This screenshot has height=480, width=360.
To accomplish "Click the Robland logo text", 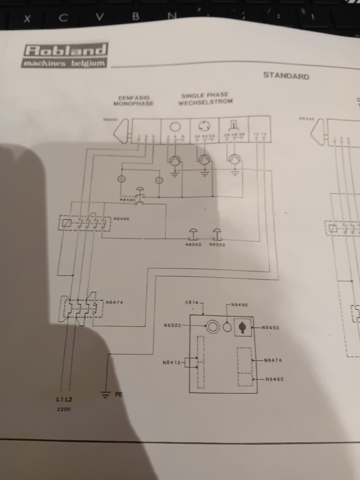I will pyautogui.click(x=65, y=50).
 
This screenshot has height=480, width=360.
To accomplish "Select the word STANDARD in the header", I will pyautogui.click(x=286, y=75).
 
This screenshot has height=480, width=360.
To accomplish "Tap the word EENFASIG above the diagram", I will pyautogui.click(x=134, y=97).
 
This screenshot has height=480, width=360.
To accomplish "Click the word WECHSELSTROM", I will pyautogui.click(x=205, y=102).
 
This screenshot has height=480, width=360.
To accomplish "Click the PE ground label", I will pyautogui.click(x=119, y=395).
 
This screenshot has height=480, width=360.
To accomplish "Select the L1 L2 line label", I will pyautogui.click(x=64, y=399).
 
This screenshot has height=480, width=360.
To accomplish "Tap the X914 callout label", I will pyautogui.click(x=192, y=303).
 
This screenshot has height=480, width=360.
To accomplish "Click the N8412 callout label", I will pyautogui.click(x=171, y=362).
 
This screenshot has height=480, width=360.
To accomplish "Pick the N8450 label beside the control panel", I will pyautogui.click(x=270, y=328).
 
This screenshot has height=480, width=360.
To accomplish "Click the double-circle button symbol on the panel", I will pyautogui.click(x=213, y=327).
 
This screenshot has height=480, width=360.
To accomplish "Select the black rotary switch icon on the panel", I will pyautogui.click(x=242, y=327).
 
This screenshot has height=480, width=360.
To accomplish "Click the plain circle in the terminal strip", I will pyautogui.click(x=175, y=127).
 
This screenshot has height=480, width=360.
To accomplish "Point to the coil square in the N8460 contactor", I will pyautogui.click(x=67, y=223).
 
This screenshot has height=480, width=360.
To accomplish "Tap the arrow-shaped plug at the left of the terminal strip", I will pyautogui.click(x=122, y=131).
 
